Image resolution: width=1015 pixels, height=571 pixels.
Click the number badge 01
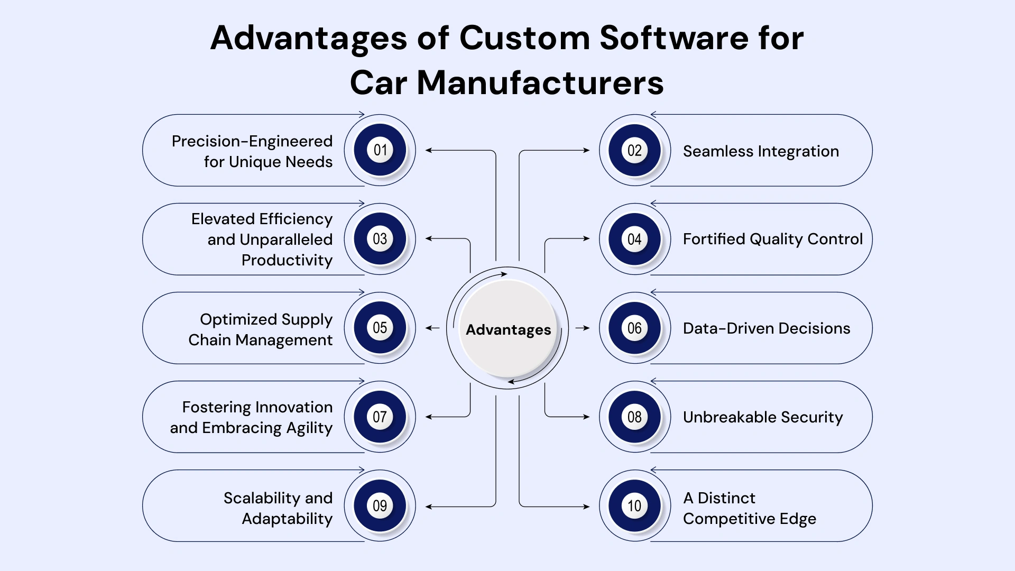coord(380,150)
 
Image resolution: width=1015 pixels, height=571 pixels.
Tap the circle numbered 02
coord(634,150)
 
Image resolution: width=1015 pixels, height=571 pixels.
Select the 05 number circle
coord(380,328)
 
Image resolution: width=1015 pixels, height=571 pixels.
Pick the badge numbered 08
coord(634,417)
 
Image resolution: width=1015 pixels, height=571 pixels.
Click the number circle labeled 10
coord(634,505)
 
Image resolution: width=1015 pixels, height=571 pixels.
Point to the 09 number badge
coord(380,505)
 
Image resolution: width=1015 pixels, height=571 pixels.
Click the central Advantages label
coord(508,330)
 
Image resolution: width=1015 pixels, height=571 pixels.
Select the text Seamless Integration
coord(760,151)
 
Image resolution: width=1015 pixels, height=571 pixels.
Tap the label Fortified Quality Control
coord(772,239)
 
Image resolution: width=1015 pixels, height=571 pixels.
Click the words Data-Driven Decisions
coord(766,328)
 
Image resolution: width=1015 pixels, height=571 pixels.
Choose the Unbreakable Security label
coord(762,417)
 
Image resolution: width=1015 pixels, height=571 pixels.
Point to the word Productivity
coord(287,260)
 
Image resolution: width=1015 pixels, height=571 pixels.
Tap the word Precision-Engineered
coord(252,141)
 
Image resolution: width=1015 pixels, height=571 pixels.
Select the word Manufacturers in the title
coord(540,83)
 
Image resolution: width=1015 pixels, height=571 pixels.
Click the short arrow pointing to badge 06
coord(582,328)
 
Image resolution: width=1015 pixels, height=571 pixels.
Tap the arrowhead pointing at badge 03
coord(429,238)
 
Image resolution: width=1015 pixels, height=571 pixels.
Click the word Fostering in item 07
coord(209,407)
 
